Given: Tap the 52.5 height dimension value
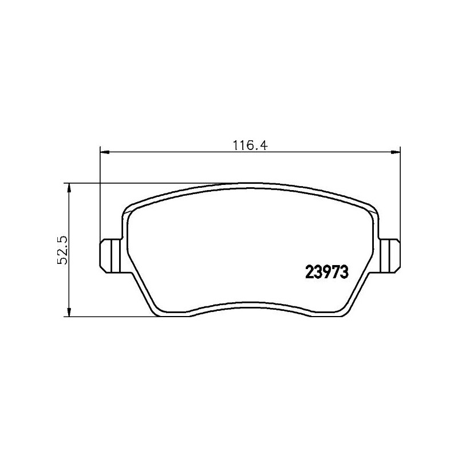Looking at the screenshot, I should [x=64, y=250].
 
